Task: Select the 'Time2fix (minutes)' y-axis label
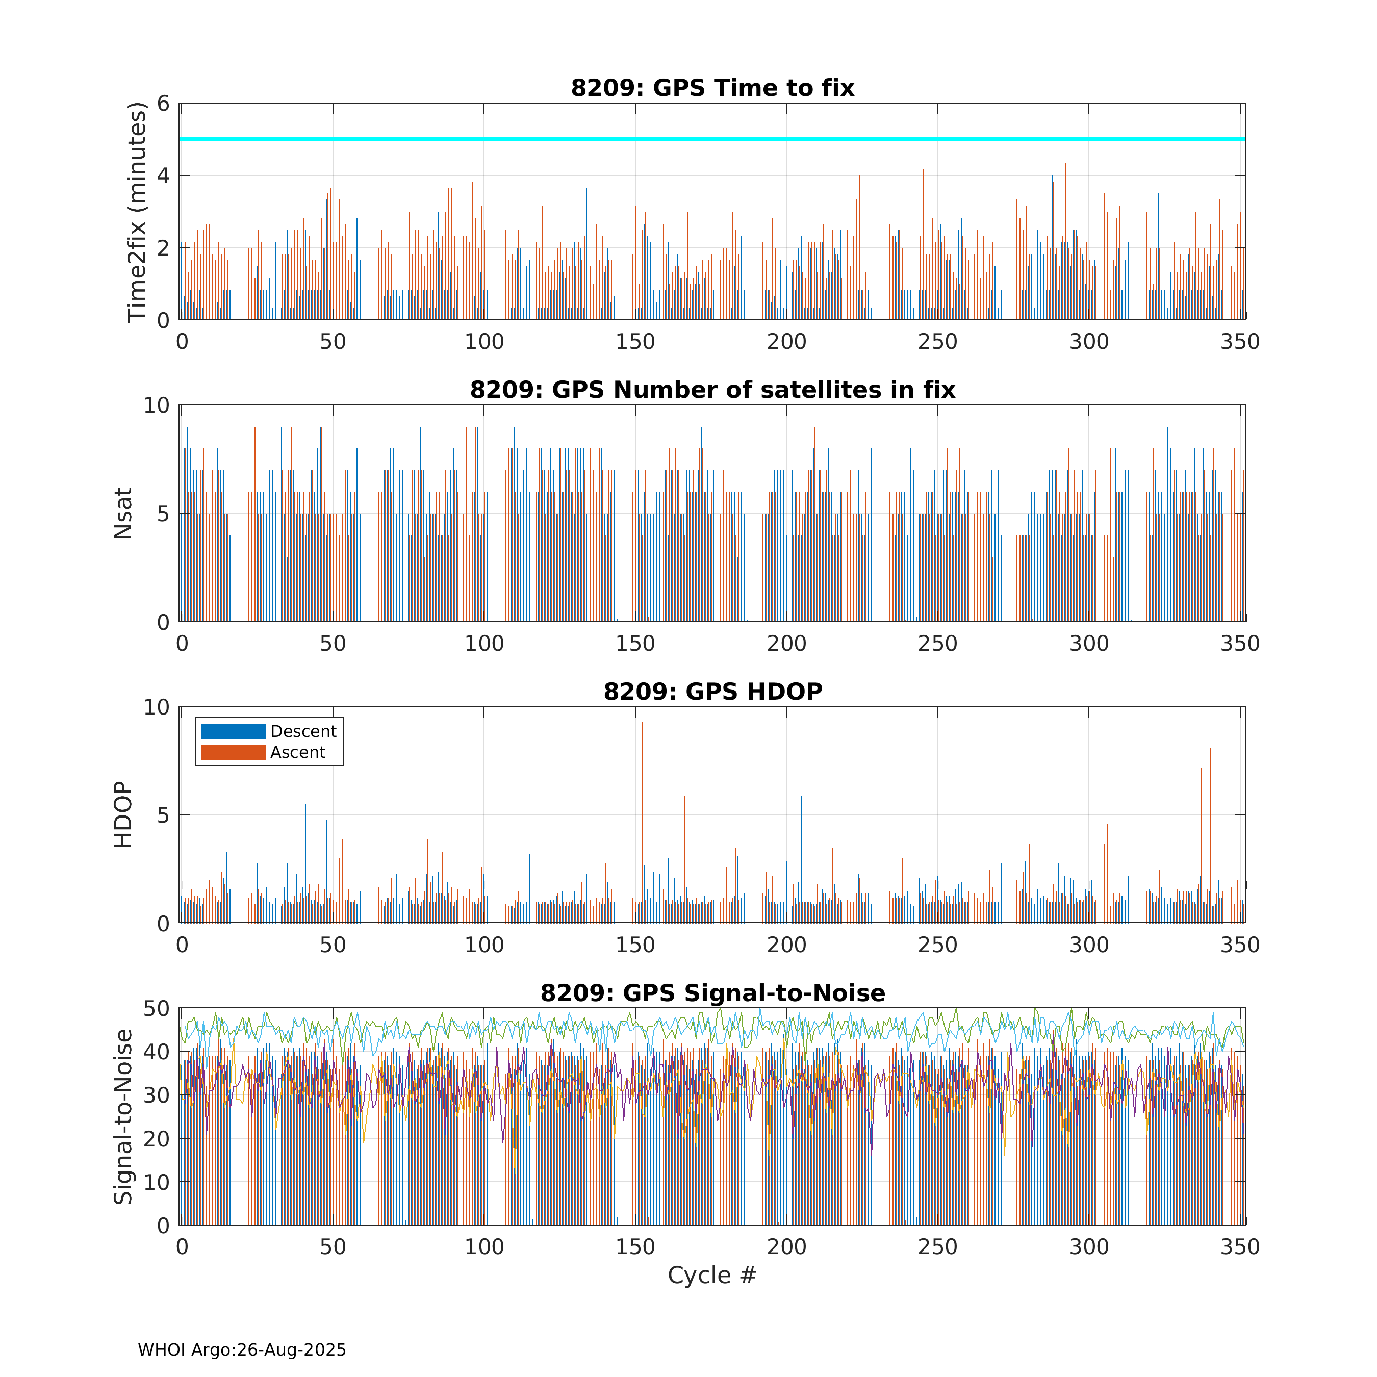136,212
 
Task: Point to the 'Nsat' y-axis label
123,513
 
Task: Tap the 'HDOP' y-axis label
123,814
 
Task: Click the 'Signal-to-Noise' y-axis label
123,1116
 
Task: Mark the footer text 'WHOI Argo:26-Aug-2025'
242,1350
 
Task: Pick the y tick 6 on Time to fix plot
163,104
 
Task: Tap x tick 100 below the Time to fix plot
484,342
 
